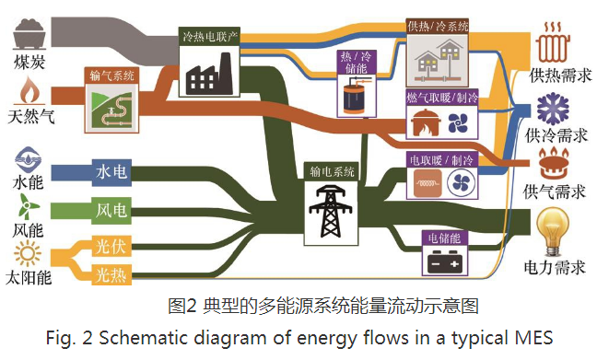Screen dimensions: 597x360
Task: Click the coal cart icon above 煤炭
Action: coord(29,34)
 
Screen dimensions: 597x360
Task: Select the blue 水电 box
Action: coord(111,172)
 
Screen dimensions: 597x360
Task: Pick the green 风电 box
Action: coord(111,210)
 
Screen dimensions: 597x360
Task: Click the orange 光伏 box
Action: coord(111,246)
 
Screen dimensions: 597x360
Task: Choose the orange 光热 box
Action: coord(111,274)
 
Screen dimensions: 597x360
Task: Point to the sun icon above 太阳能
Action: coord(28,253)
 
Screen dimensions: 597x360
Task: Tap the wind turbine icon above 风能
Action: coord(28,206)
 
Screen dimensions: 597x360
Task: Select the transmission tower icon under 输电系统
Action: coord(331,211)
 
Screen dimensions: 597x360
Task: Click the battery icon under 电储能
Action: coord(445,261)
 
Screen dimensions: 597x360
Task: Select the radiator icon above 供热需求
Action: coord(553,42)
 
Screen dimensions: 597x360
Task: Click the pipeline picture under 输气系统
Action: coord(111,108)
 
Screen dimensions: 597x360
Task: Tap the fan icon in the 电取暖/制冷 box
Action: coord(461,183)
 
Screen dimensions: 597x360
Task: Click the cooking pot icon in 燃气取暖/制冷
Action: coord(426,122)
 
